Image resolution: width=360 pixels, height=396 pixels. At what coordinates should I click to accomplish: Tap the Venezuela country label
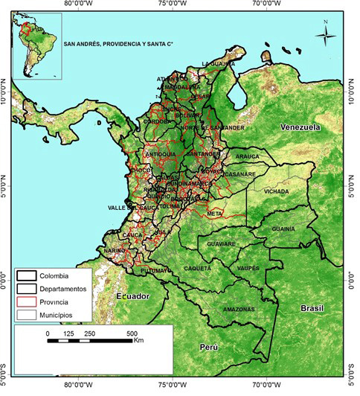pos(299,127)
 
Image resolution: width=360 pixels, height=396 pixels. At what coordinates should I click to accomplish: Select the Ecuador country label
pos(133,296)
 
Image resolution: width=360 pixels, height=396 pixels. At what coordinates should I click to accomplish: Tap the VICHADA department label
pos(276,191)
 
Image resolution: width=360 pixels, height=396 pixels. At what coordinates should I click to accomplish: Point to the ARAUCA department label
pos(247,157)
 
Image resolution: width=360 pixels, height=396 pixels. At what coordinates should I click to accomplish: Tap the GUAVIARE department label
pos(221,243)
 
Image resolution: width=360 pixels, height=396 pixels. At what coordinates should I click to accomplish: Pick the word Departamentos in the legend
pos(65,289)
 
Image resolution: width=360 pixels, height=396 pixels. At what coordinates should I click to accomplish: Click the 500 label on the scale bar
pos(132,333)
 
